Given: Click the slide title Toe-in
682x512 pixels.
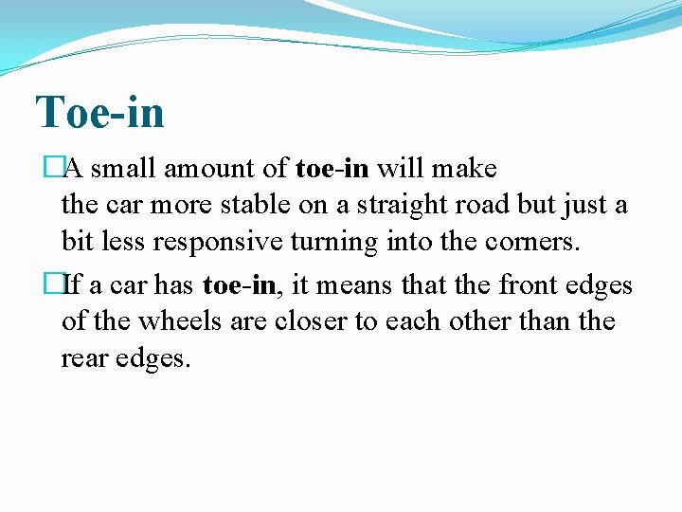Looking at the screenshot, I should pyautogui.click(x=99, y=112).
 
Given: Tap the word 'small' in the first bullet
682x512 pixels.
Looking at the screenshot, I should pyautogui.click(x=127, y=169).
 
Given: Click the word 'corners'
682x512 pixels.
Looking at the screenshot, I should pyautogui.click(x=533, y=243).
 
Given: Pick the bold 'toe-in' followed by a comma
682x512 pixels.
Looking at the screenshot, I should pyautogui.click(x=237, y=285).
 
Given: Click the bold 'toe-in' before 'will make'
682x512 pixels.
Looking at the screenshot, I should pyautogui.click(x=332, y=169).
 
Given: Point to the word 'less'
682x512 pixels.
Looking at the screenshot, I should pyautogui.click(x=118, y=243).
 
